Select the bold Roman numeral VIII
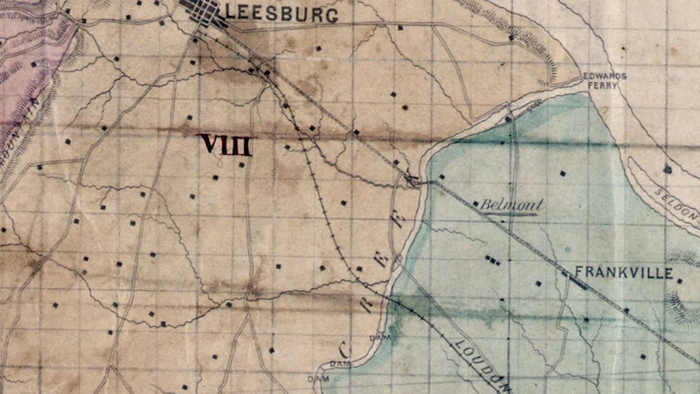pyautogui.click(x=226, y=145)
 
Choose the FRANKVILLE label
pyautogui.click(x=623, y=274)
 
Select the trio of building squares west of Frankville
pyautogui.click(x=491, y=260)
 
